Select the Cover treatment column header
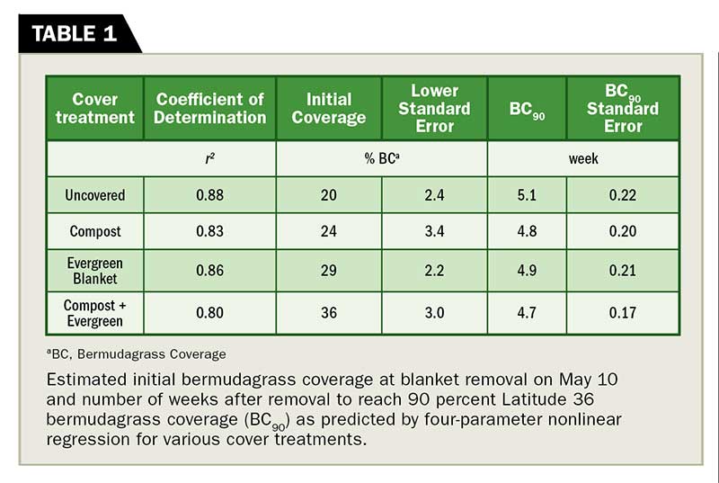(x=95, y=108)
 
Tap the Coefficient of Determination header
(x=210, y=108)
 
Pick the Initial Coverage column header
(x=329, y=108)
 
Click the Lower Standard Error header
(x=435, y=108)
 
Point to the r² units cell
(x=209, y=158)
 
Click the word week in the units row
(x=583, y=158)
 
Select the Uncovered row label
(x=95, y=194)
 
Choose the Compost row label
(x=95, y=231)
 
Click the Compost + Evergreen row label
(x=95, y=313)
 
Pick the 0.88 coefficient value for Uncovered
(x=209, y=194)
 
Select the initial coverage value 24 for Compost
(x=329, y=231)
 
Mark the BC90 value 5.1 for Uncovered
(x=527, y=194)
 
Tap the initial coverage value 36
(x=329, y=313)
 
